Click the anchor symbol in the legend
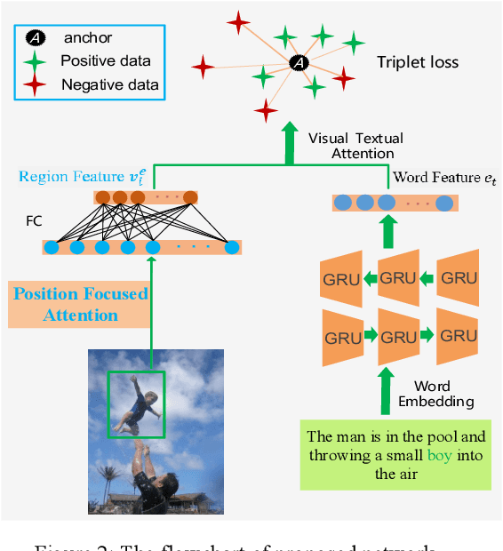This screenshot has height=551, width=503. click(33, 38)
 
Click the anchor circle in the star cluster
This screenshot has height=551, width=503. click(299, 62)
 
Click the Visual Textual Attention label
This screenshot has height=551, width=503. click(355, 146)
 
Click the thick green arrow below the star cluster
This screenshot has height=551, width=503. click(289, 143)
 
